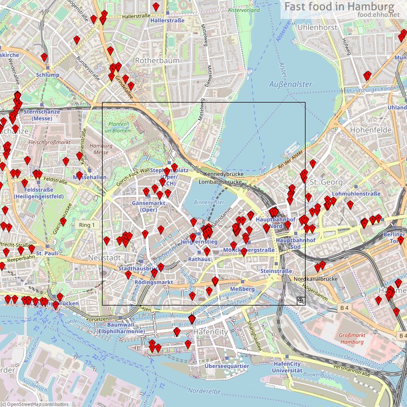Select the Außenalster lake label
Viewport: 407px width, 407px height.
[x=291, y=84]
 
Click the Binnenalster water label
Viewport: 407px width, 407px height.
[x=209, y=202]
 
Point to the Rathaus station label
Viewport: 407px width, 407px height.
[x=199, y=260]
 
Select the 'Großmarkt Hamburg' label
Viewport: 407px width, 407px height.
[x=351, y=339]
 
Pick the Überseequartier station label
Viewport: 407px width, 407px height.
[x=227, y=366]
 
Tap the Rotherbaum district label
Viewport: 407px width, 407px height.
[x=157, y=61]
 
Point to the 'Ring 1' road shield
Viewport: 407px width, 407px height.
[x=86, y=225]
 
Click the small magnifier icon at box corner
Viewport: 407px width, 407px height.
[x=300, y=300]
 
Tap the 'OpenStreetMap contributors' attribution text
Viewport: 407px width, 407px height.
[x=36, y=404]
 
